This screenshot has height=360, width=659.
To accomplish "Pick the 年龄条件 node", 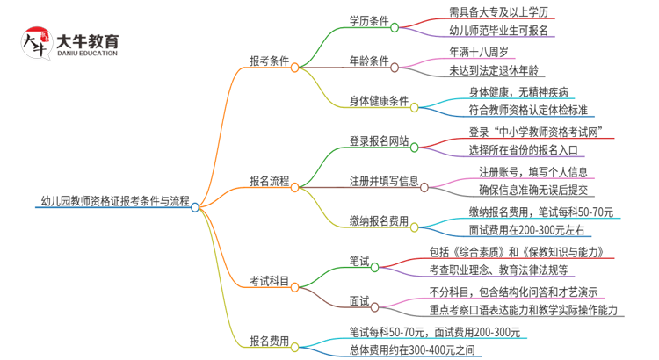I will coord(369,62).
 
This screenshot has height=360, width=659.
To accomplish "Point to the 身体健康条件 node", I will coord(380,103).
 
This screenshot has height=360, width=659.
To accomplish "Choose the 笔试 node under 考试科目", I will coord(358,262).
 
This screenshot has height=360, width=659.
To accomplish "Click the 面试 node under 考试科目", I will coord(358,301).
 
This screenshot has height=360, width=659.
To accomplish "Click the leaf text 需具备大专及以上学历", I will coord(501,13).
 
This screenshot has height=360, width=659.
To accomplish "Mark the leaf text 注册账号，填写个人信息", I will coord(532,171).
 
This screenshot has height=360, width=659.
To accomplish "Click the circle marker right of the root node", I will coord(195,207).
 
